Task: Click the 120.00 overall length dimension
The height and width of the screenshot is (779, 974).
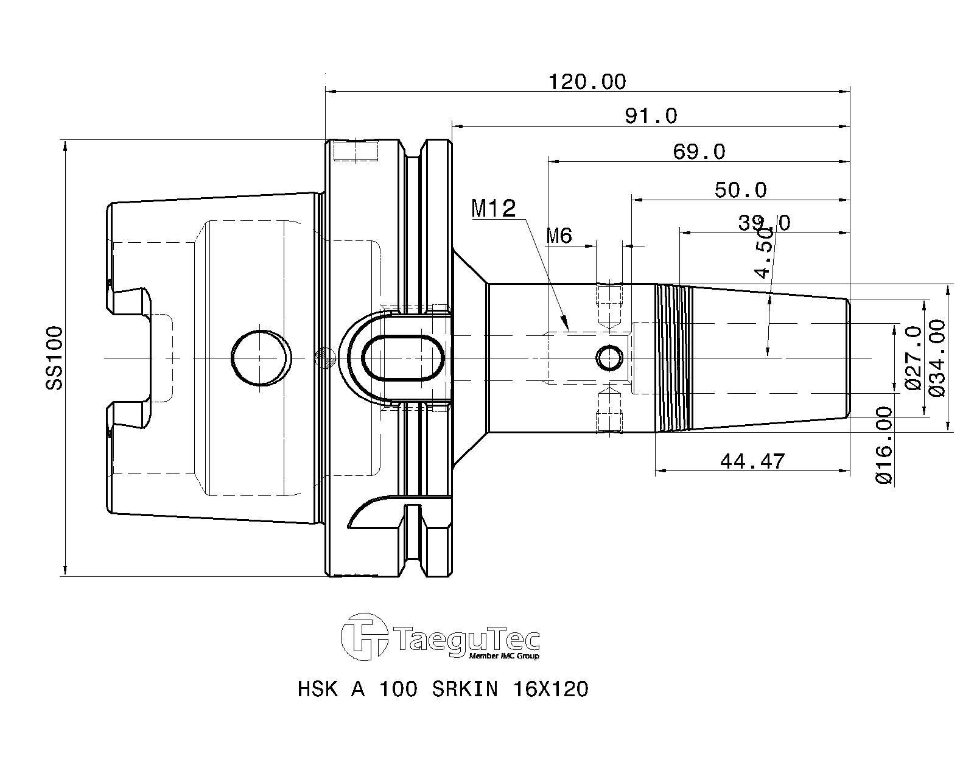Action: click(x=587, y=82)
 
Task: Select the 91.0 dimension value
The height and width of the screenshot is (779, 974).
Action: click(x=651, y=116)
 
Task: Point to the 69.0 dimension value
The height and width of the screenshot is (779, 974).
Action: click(x=699, y=152)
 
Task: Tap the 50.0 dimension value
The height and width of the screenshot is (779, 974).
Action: click(x=740, y=190)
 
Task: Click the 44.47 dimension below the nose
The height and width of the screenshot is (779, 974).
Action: click(x=752, y=461)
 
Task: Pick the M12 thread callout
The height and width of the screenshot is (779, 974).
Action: click(x=493, y=209)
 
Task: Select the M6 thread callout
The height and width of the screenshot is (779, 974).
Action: click(x=559, y=236)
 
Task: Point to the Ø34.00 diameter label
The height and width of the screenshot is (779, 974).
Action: click(x=937, y=358)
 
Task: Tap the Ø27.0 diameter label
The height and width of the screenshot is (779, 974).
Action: click(x=913, y=358)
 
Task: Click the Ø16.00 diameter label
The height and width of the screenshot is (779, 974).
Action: click(x=885, y=445)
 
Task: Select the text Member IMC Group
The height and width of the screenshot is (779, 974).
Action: click(x=504, y=656)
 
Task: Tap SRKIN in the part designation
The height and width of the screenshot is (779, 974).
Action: click(x=465, y=690)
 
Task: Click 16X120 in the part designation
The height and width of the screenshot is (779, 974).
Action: click(x=550, y=690)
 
